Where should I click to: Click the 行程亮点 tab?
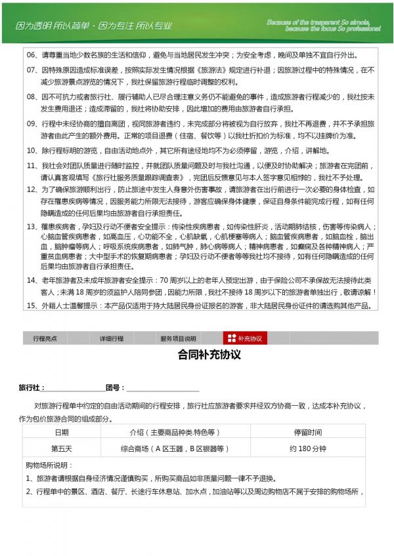45,339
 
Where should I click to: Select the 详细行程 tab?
112,339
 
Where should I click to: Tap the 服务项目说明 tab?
178,339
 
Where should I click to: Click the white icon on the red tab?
231,338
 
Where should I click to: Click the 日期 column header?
61,433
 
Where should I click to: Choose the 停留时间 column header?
307,433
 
